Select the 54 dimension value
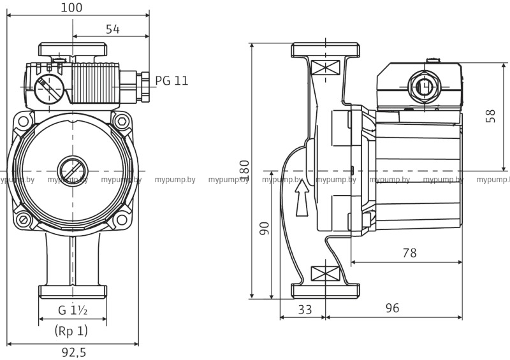coord(112,29)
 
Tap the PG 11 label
coord(171,81)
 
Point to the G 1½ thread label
coord(73,310)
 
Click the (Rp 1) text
coord(71,331)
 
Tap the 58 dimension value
coord(490,116)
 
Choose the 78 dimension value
coord(409,253)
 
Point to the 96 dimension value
coord(392,308)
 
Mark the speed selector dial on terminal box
coord(45,89)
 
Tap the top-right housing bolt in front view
coord(120,121)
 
